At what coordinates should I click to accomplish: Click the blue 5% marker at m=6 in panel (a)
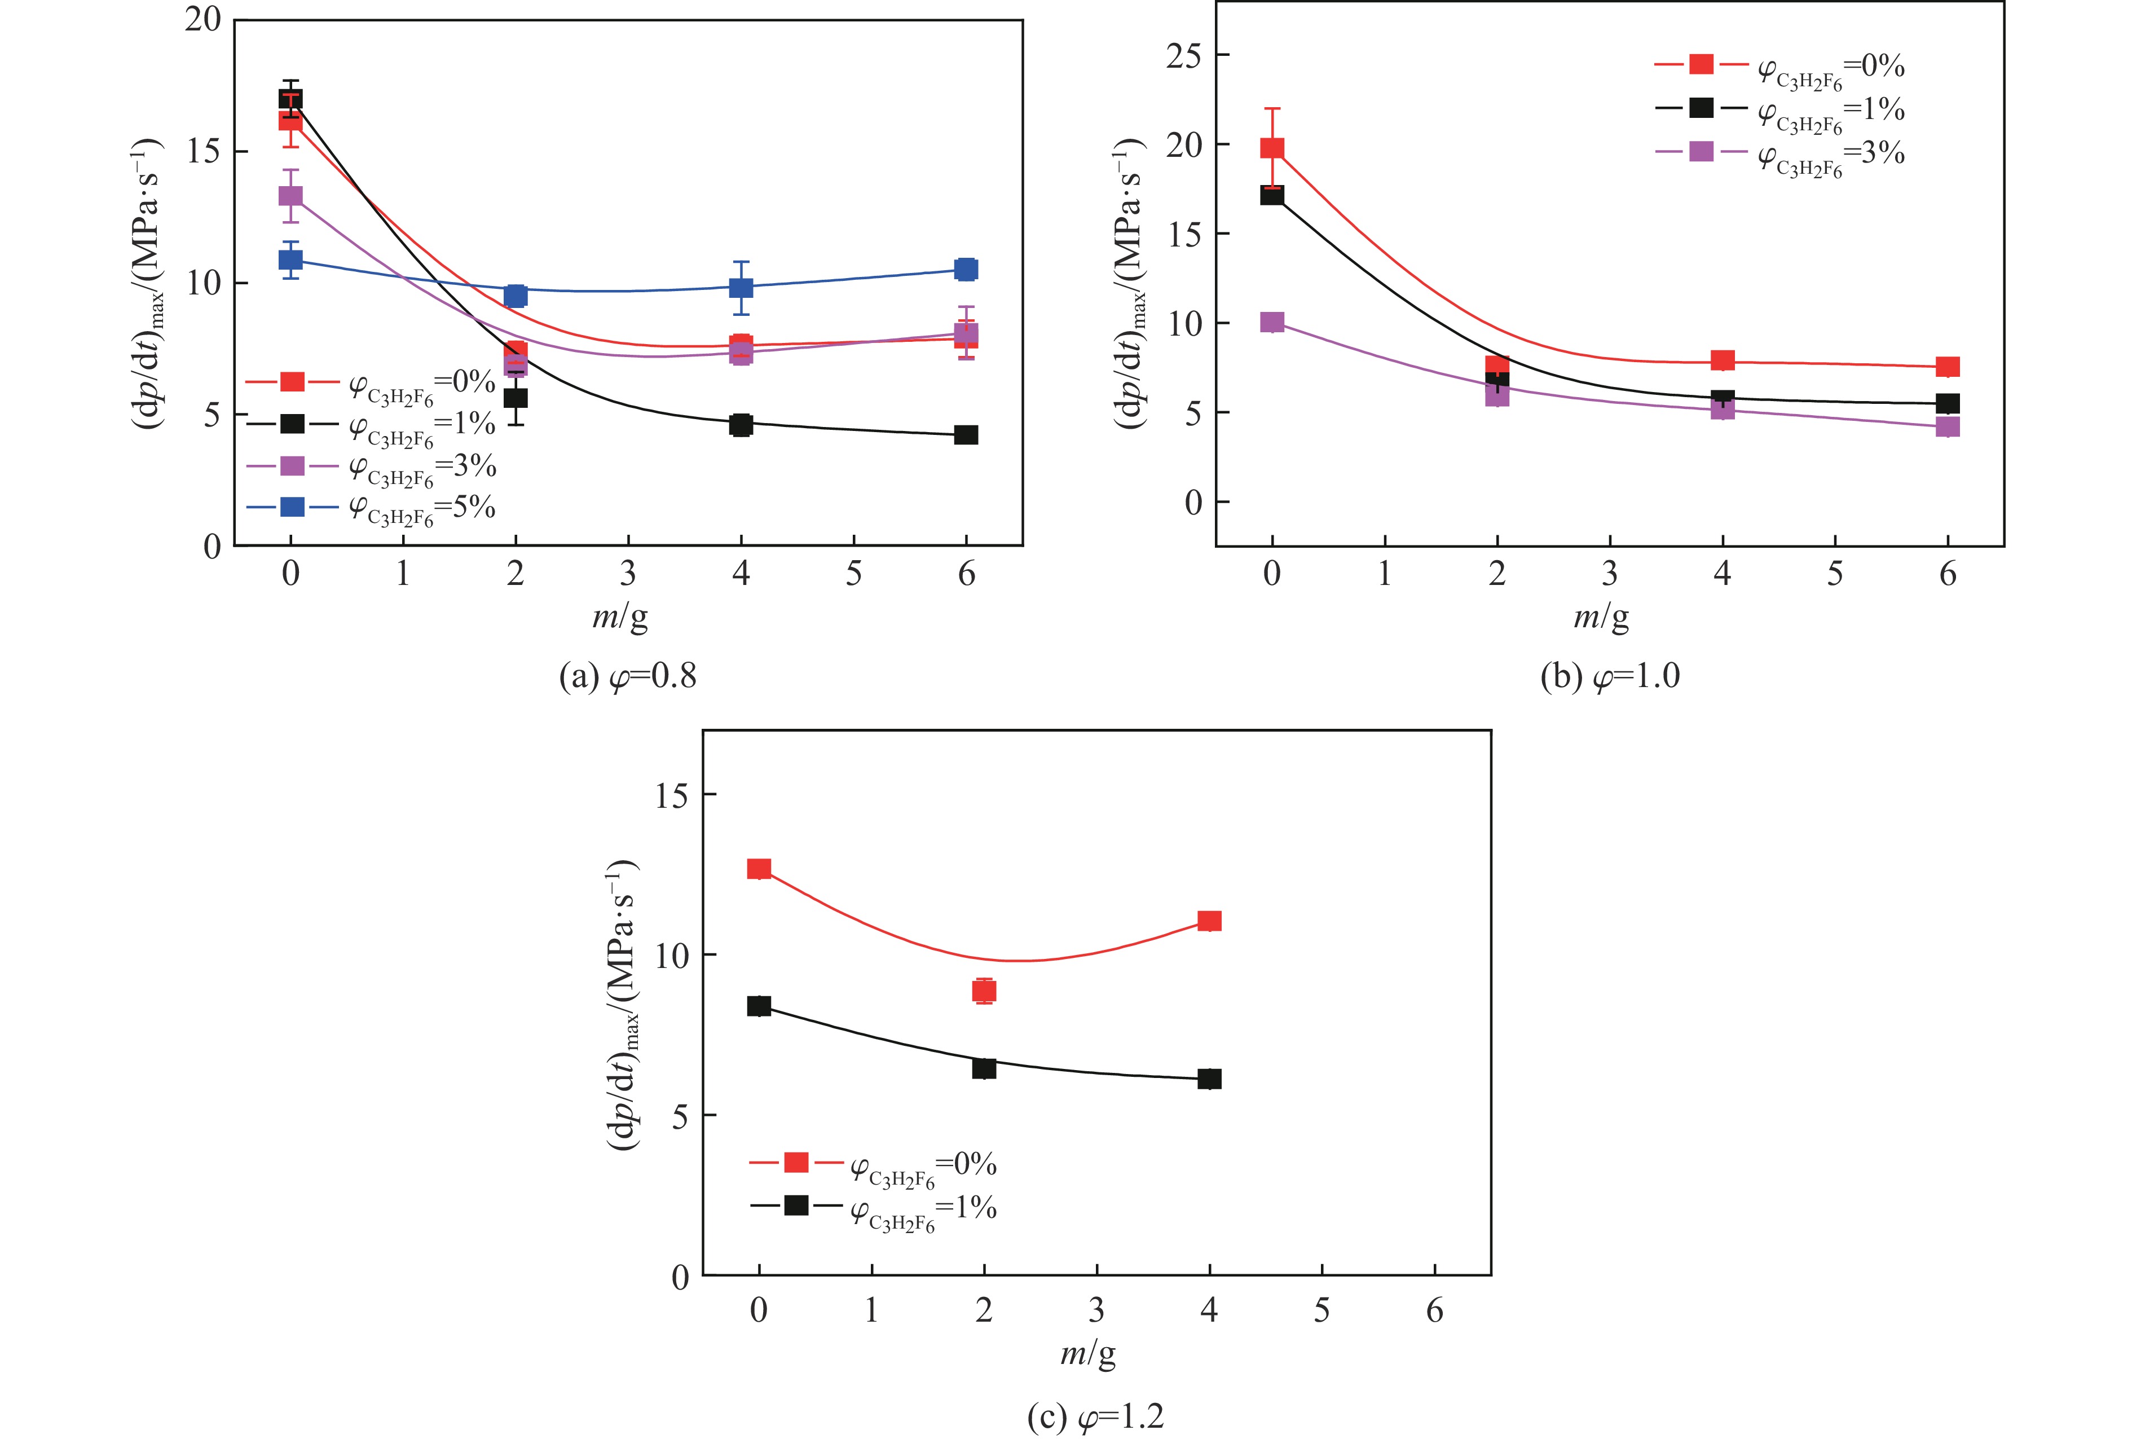coord(966,269)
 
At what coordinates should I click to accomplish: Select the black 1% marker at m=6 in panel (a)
coord(966,435)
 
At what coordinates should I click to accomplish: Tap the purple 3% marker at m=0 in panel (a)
coord(291,196)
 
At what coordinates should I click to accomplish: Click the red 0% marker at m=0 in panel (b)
coord(1271,148)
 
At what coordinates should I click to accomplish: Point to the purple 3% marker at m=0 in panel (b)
coord(1271,322)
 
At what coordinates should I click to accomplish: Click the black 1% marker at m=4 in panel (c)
coord(1209,1079)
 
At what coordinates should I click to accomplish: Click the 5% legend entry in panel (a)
coord(372,508)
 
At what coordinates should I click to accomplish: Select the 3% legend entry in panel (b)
coord(1779,153)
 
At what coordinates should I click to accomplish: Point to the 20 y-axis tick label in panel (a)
coord(202,19)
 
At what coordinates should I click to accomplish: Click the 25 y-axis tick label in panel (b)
coord(1183,56)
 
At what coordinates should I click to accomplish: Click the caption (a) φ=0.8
coord(628,676)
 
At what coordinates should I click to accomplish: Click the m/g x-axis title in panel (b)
coord(1601,616)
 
